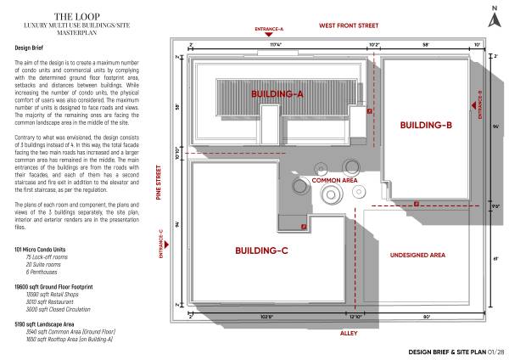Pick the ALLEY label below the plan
pyautogui.click(x=349, y=334)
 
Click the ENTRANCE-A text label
pyautogui.click(x=269, y=28)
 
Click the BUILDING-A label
pyautogui.click(x=277, y=93)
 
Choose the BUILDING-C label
pyautogui.click(x=262, y=250)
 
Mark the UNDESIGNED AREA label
pyautogui.click(x=418, y=255)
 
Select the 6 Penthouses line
pyautogui.click(x=42, y=271)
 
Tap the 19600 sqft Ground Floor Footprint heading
pyautogui.click(x=53, y=287)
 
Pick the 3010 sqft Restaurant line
pyautogui.click(x=51, y=301)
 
